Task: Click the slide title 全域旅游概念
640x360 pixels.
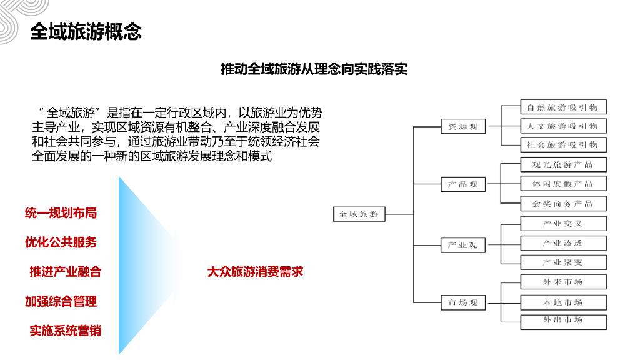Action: pos(86,32)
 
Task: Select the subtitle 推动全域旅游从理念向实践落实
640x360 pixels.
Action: pos(314,69)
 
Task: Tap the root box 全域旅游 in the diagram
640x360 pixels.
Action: pos(358,214)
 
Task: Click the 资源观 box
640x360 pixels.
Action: pos(462,127)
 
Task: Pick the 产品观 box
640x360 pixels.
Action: pos(462,185)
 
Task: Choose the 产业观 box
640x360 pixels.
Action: pos(462,246)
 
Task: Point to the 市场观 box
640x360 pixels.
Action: pos(462,303)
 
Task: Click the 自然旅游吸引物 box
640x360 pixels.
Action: pos(562,107)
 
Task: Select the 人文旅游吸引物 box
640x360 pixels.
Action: pos(562,126)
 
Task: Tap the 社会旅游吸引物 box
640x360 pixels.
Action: pos(562,145)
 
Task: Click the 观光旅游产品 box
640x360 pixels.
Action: pos(562,165)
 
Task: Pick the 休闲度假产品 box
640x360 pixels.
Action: pos(562,184)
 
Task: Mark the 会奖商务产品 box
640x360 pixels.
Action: pos(562,204)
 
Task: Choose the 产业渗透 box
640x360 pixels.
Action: pos(562,243)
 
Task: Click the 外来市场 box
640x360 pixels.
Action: pos(562,282)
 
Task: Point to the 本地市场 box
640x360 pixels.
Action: pos(562,303)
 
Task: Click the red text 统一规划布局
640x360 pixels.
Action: pos(61,213)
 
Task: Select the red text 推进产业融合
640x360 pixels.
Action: pos(65,272)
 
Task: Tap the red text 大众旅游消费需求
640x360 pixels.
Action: pos(255,272)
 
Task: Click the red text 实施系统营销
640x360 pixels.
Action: pos(65,331)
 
